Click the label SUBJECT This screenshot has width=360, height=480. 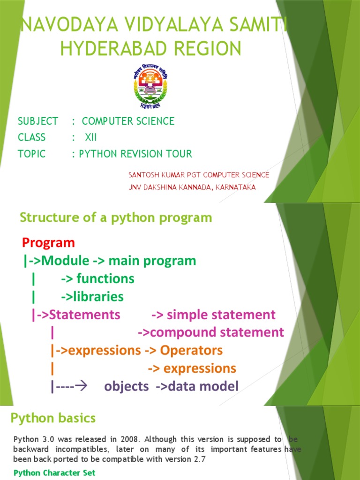click(38, 121)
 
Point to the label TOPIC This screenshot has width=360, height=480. click(32, 154)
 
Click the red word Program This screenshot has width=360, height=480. click(48, 243)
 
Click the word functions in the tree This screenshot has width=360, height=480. click(105, 279)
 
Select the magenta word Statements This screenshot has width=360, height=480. click(85, 315)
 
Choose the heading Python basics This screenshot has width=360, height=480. click(53, 418)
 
